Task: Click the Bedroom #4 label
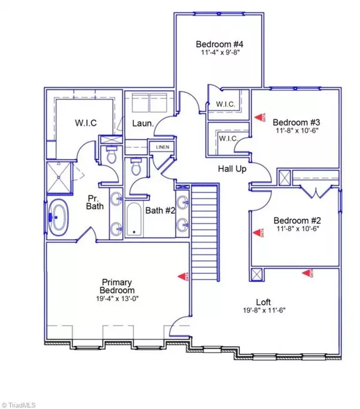(x=218, y=44)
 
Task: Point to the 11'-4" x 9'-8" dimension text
(x=218, y=52)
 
